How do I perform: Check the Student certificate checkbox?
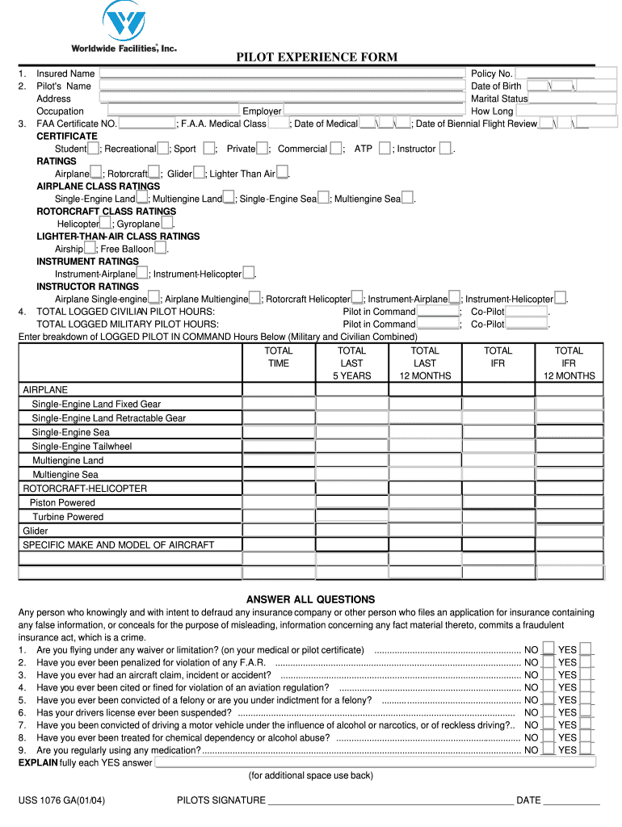pyautogui.click(x=94, y=149)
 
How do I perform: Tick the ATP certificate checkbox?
pyautogui.click(x=385, y=149)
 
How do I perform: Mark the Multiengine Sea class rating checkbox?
pyautogui.click(x=408, y=199)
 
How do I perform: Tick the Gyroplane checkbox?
pyautogui.click(x=166, y=224)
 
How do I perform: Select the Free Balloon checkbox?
pyautogui.click(x=161, y=249)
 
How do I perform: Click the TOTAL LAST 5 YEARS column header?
pyautogui.click(x=351, y=363)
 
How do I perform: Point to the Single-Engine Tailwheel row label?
pyautogui.click(x=82, y=446)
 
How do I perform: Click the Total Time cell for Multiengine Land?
pyautogui.click(x=279, y=460)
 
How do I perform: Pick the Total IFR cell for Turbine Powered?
pyautogui.click(x=498, y=517)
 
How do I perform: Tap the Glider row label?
pyautogui.click(x=36, y=531)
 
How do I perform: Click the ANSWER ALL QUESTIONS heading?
pyautogui.click(x=310, y=599)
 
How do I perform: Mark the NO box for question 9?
pyautogui.click(x=548, y=749)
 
